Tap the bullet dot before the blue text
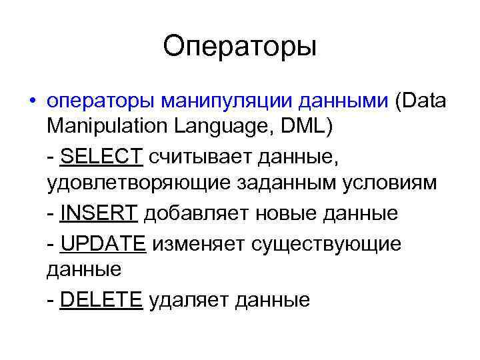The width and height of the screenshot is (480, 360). pos(32,102)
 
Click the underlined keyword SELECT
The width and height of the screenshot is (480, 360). pos(101,156)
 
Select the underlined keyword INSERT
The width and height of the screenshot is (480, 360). pos(99,213)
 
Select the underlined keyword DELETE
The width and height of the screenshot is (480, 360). pos(101,299)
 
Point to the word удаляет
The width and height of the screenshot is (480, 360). pos(189,299)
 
